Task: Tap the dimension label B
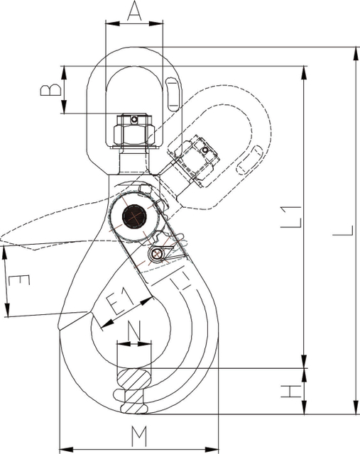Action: tap(50, 90)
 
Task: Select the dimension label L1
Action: tap(292, 216)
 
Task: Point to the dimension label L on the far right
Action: tap(343, 231)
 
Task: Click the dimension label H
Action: tap(292, 392)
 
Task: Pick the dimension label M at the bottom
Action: tap(139, 436)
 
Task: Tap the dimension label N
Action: tap(134, 331)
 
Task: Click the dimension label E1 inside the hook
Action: tap(119, 301)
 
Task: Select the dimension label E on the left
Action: tap(19, 280)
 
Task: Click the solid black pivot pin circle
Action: tap(134, 216)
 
